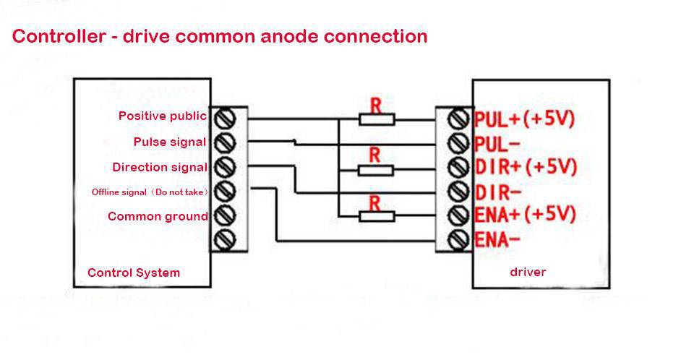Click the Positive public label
coord(162,116)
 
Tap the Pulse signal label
coord(169,142)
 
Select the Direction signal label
coord(159,168)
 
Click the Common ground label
coord(158,216)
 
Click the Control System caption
coord(134,273)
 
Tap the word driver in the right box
coord(528,272)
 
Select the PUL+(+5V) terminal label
coord(524,119)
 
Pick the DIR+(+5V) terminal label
coord(526,167)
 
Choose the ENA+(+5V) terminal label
coord(525,215)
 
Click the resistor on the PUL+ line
coord(377,119)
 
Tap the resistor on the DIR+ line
coord(376,170)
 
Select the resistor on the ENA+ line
coord(376,215)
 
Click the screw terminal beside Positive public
coord(225,117)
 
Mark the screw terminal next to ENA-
coord(457,239)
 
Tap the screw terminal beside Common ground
coord(225,215)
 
